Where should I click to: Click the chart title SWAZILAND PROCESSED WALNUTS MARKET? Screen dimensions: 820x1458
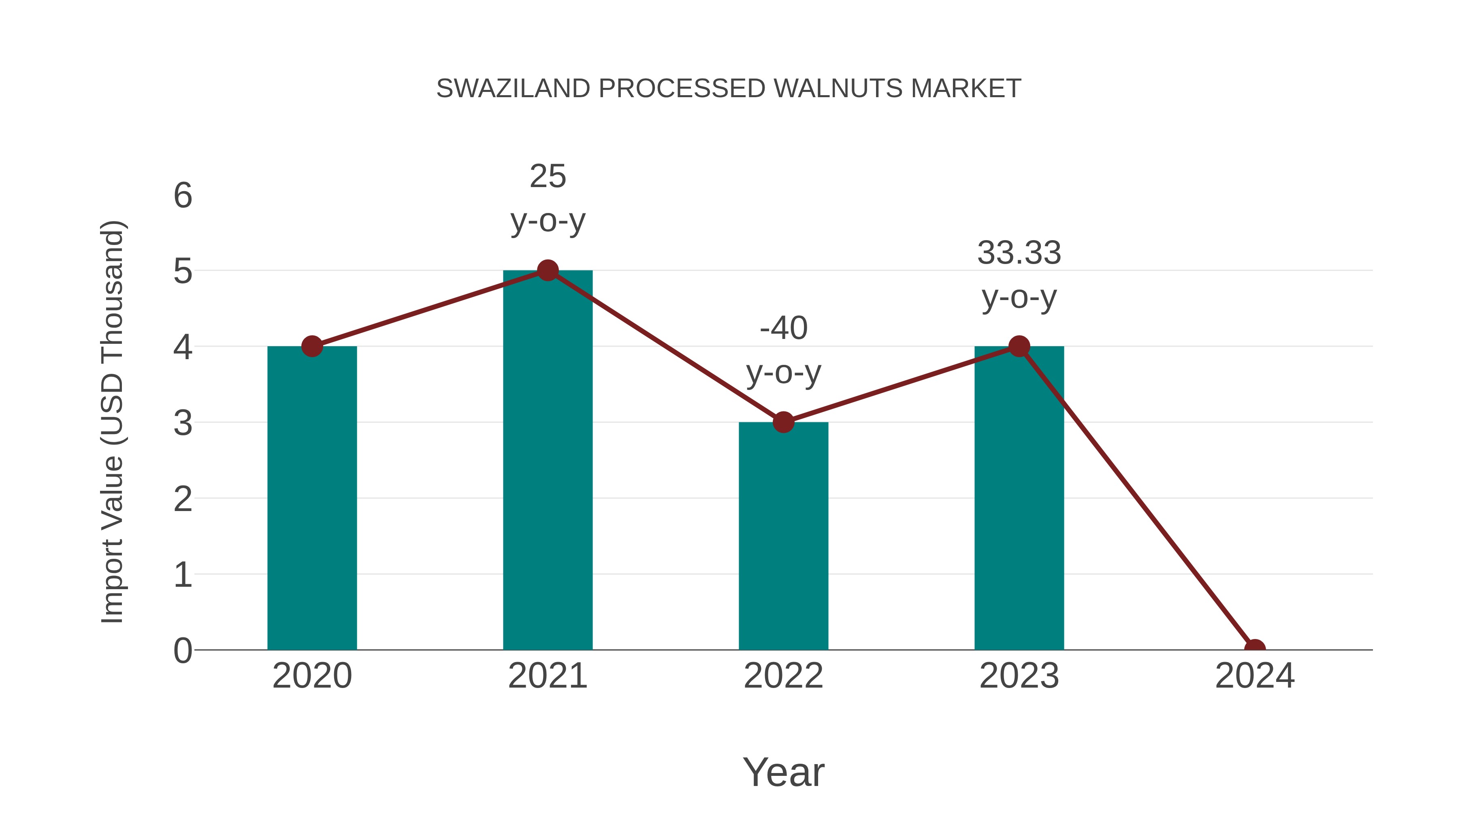[x=729, y=89]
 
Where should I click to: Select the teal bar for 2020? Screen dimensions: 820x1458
[x=312, y=498]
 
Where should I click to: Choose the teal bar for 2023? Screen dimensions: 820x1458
[x=1019, y=498]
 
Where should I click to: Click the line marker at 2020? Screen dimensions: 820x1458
[x=312, y=346]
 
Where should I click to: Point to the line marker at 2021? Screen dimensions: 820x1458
[x=547, y=270]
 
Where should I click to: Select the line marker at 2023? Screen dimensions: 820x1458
[x=1019, y=346]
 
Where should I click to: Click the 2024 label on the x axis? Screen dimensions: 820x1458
[x=1254, y=676]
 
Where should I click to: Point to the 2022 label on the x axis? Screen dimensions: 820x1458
[x=783, y=676]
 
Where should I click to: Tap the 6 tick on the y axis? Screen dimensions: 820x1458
[x=183, y=196]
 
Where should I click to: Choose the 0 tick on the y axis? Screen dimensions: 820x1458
[x=183, y=651]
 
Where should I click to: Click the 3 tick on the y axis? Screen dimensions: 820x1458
[x=183, y=423]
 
